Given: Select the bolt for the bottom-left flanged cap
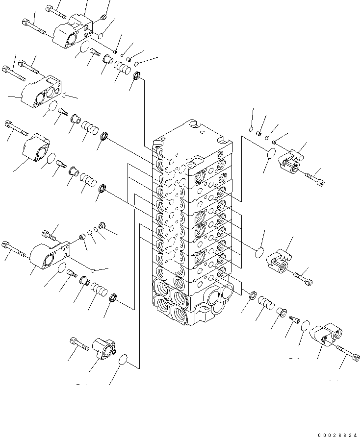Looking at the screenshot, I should (x=79, y=343).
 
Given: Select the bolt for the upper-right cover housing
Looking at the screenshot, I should (x=313, y=178).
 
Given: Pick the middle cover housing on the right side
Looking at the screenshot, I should (x=279, y=259).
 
